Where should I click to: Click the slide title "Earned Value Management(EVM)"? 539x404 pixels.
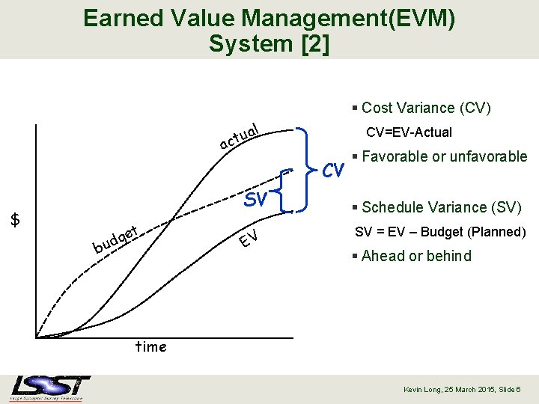click(x=269, y=18)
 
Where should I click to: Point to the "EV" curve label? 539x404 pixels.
click(x=249, y=239)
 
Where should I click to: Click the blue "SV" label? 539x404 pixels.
click(x=256, y=200)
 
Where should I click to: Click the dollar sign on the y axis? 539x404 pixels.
click(x=16, y=219)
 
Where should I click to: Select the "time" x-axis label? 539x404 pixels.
click(x=150, y=346)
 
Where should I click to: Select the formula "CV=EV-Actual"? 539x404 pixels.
click(x=409, y=132)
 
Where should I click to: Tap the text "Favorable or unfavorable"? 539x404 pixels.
click(x=444, y=156)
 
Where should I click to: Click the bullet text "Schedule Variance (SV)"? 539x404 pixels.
click(x=441, y=207)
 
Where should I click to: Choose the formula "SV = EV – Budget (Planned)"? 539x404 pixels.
click(x=440, y=232)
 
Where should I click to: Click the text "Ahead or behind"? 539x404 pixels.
click(x=415, y=256)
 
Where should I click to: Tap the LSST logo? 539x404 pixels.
click(x=51, y=388)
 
